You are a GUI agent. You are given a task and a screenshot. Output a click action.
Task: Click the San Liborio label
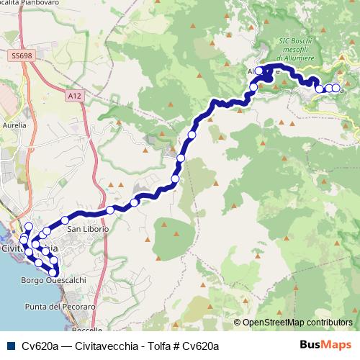pyautogui.click(x=88, y=229)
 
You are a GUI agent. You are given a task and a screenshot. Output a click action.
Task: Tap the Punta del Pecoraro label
pyautogui.click(x=60, y=307)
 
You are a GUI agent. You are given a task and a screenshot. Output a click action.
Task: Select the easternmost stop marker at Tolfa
pyautogui.click(x=336, y=89)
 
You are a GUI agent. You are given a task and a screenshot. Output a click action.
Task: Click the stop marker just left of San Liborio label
pyautogui.click(x=65, y=220)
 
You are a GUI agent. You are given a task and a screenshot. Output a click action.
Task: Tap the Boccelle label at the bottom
pyautogui.click(x=88, y=329)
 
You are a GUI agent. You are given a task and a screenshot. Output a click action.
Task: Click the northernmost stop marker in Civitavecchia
pyautogui.click(x=29, y=227)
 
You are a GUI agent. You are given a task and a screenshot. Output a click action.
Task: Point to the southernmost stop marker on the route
pyautogui.click(x=54, y=271)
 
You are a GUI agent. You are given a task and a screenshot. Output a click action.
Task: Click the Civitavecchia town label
pyautogui.click(x=29, y=248)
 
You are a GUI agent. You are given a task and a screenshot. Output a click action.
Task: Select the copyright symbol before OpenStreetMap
pyautogui.click(x=237, y=322)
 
